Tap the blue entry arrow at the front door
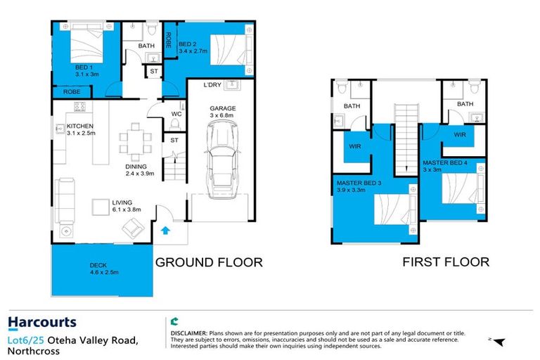tap(166, 230)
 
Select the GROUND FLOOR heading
tap(208, 262)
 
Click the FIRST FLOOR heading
tap(446, 262)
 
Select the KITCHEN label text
tap(81, 126)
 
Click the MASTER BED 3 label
tap(358, 186)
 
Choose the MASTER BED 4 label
tap(446, 165)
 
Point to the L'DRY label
tap(212, 85)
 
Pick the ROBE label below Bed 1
tap(71, 91)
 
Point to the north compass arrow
tap(499, 342)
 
